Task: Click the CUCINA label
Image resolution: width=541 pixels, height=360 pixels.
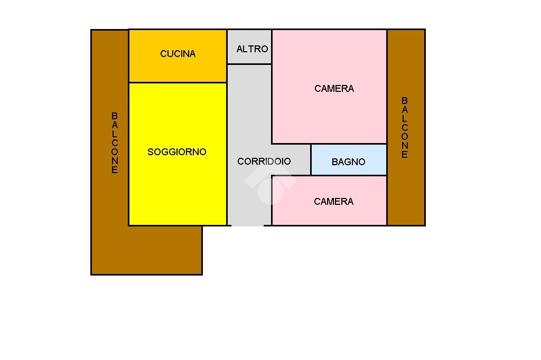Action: [178, 54]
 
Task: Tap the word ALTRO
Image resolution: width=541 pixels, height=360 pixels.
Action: [252, 49]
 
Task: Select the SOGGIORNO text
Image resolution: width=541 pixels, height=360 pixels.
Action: [176, 152]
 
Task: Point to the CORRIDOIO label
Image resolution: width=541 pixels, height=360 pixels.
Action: [264, 162]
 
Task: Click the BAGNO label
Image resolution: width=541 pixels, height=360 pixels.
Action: [348, 162]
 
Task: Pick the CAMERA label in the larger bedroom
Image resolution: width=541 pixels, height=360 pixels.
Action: [334, 89]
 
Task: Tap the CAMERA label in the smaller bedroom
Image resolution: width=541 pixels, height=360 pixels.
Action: [333, 202]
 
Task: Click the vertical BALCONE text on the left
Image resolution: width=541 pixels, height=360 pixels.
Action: [115, 143]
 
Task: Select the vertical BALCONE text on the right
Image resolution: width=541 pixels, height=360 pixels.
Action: [405, 128]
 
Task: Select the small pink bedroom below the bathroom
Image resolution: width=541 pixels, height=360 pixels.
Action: [329, 214]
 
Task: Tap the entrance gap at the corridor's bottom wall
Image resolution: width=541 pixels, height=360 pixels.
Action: [247, 225]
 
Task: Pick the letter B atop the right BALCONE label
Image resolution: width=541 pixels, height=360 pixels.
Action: [405, 100]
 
